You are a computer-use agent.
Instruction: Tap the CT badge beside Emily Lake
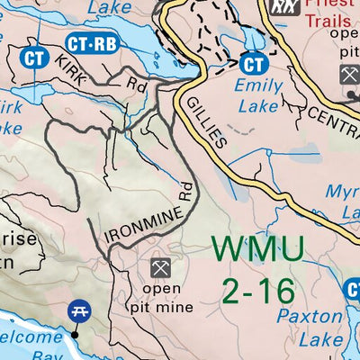(255, 64)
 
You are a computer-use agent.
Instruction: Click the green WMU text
(259, 249)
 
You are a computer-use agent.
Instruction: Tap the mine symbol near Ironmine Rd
(161, 267)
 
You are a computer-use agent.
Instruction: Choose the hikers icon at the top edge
(283, 6)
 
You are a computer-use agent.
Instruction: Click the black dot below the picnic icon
(76, 334)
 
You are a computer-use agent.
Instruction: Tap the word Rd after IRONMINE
(186, 189)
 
